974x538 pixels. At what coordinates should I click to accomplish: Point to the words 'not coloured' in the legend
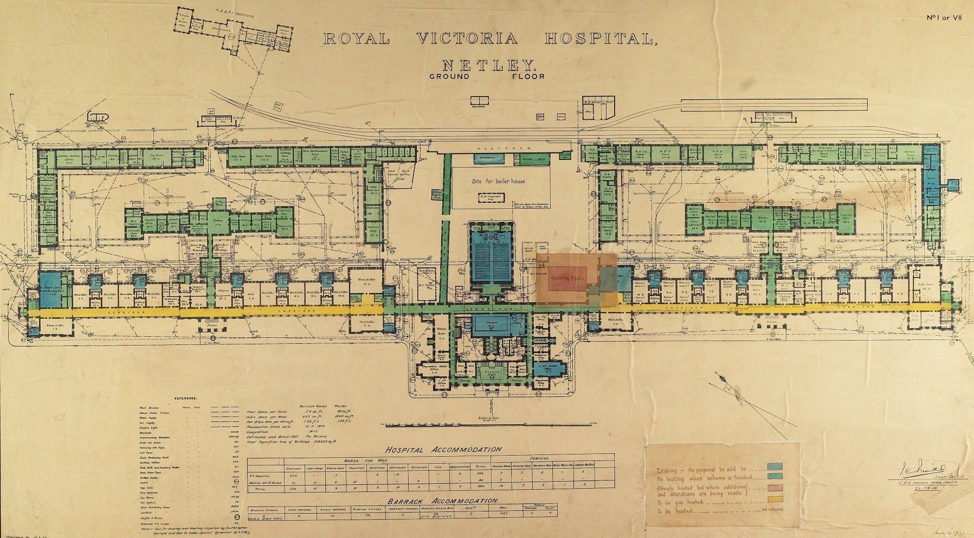point(771,509)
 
